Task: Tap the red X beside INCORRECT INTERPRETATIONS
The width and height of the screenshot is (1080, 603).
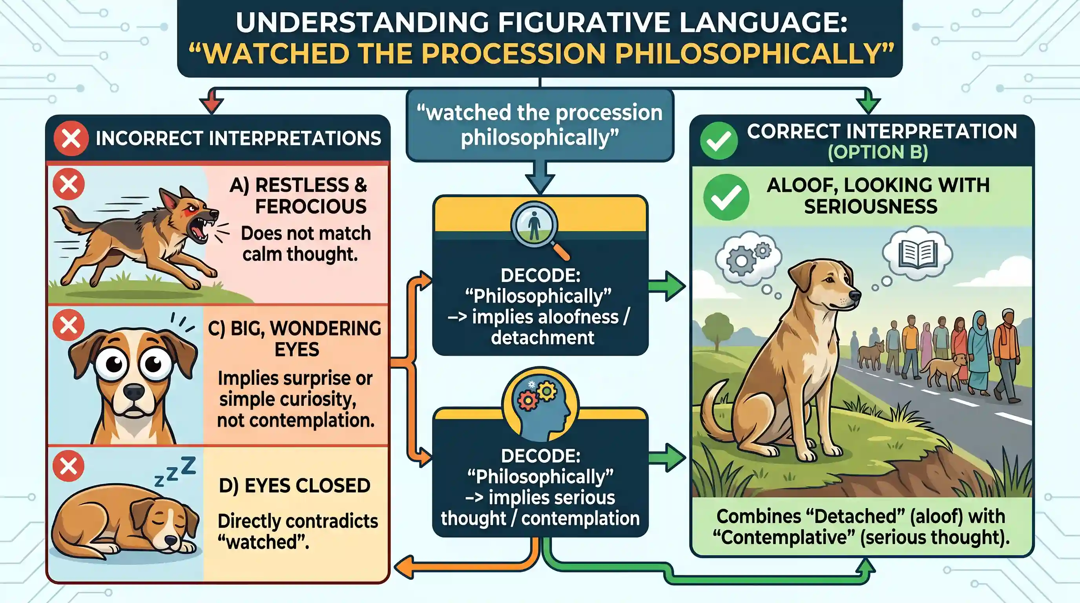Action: [x=71, y=138]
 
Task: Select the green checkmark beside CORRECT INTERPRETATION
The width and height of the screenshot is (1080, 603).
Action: [x=719, y=141]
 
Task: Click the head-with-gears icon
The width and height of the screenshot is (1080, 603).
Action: [x=540, y=405]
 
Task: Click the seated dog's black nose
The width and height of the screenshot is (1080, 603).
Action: [x=854, y=296]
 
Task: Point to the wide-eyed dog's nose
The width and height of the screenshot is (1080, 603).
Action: [x=134, y=393]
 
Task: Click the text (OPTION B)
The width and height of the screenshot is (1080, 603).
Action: [x=878, y=152]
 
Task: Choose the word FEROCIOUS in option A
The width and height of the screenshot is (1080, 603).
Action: [x=311, y=206]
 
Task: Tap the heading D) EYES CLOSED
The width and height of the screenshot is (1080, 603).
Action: [x=295, y=486]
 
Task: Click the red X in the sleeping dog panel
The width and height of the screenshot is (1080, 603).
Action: [x=68, y=466]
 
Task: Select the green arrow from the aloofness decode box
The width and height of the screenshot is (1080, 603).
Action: [x=667, y=287]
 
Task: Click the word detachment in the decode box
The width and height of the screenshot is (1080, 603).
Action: [x=542, y=338]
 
